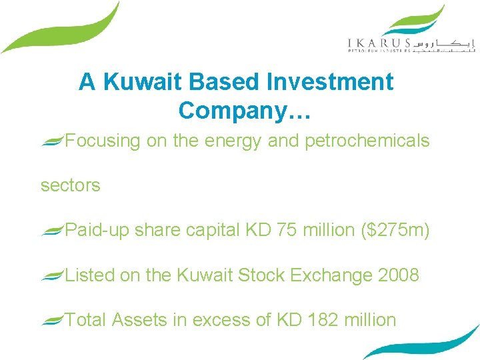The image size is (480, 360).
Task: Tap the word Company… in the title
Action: (244, 111)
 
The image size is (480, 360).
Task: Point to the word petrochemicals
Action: (367, 141)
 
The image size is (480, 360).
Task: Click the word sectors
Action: (70, 185)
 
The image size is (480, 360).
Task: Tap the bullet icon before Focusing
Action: (53, 140)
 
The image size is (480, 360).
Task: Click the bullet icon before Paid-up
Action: (53, 230)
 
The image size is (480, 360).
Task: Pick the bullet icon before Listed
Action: (53, 275)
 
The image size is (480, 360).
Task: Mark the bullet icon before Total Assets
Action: (53, 320)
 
